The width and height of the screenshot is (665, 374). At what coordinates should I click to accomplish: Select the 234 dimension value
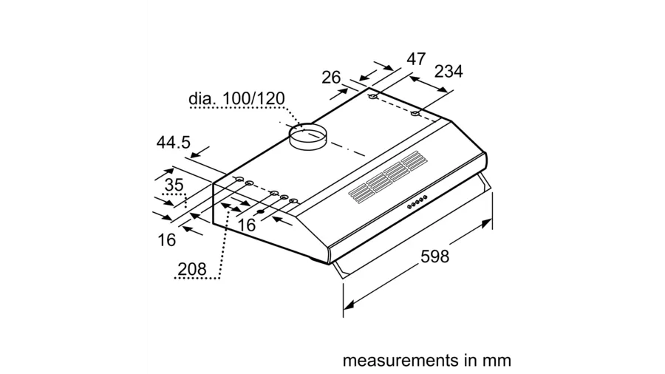[x=448, y=72]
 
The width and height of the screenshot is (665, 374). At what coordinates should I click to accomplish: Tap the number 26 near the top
[x=332, y=77]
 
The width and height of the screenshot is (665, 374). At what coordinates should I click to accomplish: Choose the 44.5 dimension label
[x=174, y=143]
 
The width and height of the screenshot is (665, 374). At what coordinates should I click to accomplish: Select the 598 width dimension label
[x=434, y=256]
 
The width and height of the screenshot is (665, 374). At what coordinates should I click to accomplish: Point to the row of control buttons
[x=418, y=200]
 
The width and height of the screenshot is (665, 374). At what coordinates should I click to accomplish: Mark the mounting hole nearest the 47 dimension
[x=372, y=98]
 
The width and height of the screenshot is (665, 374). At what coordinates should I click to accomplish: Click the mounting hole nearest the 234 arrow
[x=415, y=113]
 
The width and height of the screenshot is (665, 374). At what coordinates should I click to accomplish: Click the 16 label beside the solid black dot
[x=247, y=225]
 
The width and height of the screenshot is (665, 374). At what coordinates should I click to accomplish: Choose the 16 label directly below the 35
[x=166, y=239]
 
